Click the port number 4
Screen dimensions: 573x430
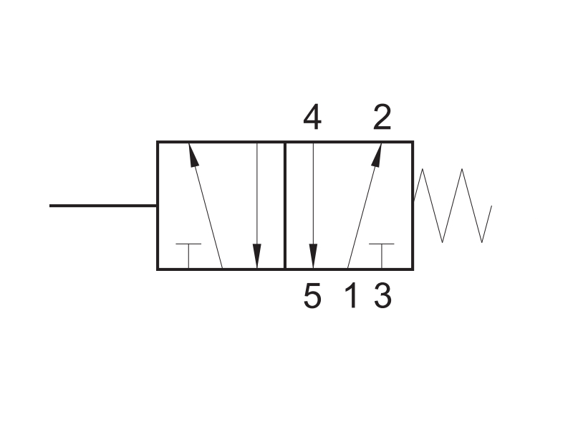[x=312, y=118]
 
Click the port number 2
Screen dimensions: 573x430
[x=382, y=118]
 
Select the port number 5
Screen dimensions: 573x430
[x=312, y=295]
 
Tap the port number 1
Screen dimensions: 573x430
[x=351, y=295]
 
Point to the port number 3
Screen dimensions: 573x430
[x=382, y=295]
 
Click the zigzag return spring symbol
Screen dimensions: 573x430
[x=453, y=206]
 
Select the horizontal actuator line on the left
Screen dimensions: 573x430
[x=103, y=206]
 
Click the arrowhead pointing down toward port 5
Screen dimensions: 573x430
[x=313, y=256]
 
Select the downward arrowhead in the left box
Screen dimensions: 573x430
[x=257, y=256]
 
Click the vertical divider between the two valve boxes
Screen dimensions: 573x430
[x=284, y=206]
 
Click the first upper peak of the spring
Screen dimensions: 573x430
[x=423, y=169]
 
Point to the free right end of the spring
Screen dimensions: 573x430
[x=491, y=206]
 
